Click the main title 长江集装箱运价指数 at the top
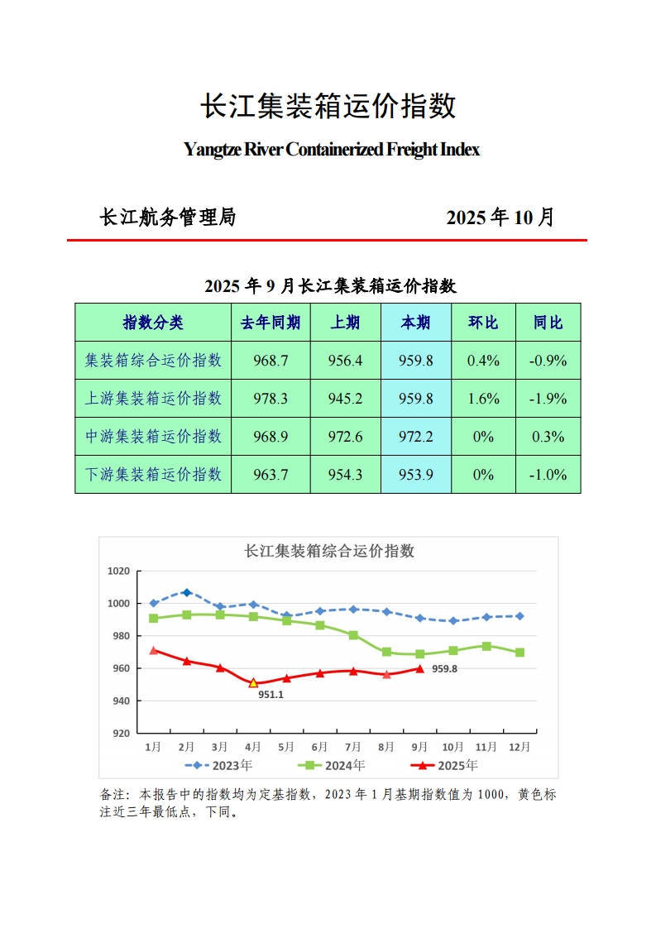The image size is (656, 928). (x=328, y=107)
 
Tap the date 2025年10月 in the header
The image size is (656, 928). (x=500, y=218)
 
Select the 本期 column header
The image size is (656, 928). (x=415, y=323)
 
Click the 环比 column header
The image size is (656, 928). (x=483, y=323)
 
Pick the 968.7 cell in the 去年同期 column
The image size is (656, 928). (x=271, y=361)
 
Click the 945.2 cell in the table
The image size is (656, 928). (x=346, y=399)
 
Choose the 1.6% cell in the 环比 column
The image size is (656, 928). (x=483, y=399)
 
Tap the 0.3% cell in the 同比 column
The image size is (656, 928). (x=548, y=437)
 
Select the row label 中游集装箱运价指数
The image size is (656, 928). (x=154, y=437)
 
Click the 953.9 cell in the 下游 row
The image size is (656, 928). (x=415, y=475)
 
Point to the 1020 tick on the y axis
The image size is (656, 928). (x=119, y=572)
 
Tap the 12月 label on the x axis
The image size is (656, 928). (x=519, y=747)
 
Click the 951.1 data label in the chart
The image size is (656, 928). (x=271, y=696)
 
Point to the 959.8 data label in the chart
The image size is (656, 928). (x=444, y=668)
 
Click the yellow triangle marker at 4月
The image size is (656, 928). (x=253, y=683)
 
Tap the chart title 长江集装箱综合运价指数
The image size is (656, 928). (x=328, y=551)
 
